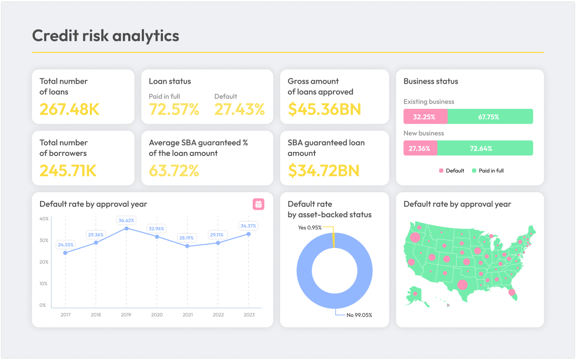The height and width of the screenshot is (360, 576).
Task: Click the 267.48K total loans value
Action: pos(70,109)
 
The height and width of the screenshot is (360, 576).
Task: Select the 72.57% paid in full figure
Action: pos(174,109)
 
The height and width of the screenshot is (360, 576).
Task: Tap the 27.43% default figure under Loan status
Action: pos(240,109)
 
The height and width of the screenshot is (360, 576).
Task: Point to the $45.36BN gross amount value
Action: pos(325,109)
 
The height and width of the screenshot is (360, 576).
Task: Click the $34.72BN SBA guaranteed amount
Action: pos(324,171)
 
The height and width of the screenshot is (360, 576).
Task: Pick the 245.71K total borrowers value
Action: pos(68,171)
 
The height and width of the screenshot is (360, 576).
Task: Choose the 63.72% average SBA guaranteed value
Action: pos(174,171)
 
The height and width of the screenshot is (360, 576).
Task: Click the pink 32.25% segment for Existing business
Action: pos(425,117)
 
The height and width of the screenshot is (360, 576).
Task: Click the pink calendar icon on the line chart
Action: pos(258,204)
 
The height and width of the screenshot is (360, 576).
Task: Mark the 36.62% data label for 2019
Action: pos(126,220)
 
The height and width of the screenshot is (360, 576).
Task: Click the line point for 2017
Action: pos(65,253)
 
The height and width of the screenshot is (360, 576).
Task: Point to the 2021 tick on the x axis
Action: pos(188,315)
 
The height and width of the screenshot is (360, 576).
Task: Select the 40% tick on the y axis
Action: pos(44,219)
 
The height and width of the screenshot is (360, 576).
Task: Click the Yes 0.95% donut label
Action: pos(310,228)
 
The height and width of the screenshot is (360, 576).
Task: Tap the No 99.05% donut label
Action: pos(359,315)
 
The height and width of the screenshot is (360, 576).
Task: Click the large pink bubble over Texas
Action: pos(462,285)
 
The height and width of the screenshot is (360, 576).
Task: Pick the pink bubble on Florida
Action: pos(512,292)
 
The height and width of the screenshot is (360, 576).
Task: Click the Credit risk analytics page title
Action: pos(106,36)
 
